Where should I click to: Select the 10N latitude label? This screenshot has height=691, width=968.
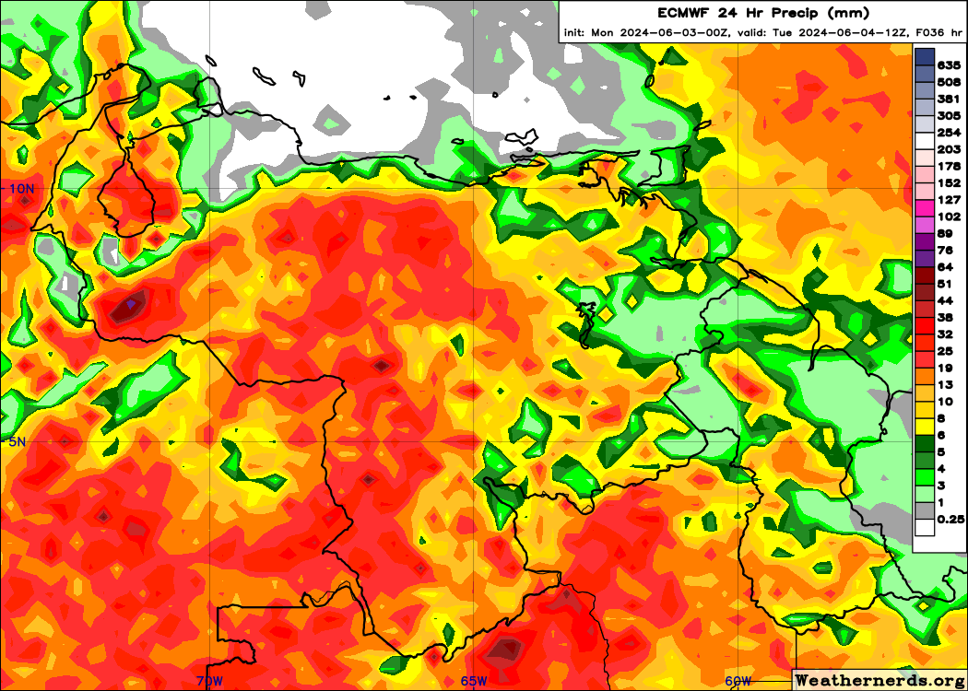point(21,188)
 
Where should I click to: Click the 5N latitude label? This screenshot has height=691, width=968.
point(18,441)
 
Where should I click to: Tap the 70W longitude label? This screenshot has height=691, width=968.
point(209,681)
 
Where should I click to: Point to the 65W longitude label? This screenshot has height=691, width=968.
point(474,681)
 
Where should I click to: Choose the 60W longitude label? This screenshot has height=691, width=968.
point(738,681)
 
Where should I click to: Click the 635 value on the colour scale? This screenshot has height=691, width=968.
point(949,65)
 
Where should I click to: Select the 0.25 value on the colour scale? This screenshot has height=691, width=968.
point(950,519)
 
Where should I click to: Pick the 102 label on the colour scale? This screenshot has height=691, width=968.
point(949,217)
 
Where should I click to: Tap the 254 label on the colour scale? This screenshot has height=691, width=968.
point(949,133)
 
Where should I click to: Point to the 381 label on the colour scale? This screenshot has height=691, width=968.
point(949,99)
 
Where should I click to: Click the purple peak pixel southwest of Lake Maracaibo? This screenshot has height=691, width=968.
point(132,302)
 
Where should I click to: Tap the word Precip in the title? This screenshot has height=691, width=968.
point(785,13)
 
